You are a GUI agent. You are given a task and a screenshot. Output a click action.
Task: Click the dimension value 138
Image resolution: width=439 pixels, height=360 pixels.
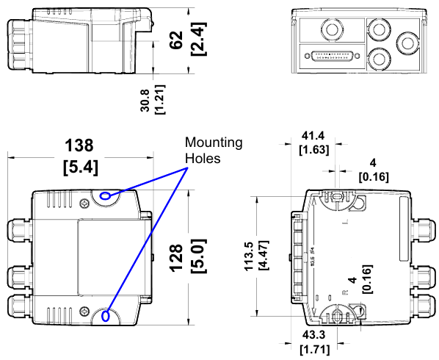[x=79, y=145]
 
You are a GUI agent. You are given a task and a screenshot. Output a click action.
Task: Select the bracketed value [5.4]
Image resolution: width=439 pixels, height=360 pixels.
[x=79, y=167]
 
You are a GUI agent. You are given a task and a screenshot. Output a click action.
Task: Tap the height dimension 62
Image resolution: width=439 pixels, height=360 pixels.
[x=175, y=40]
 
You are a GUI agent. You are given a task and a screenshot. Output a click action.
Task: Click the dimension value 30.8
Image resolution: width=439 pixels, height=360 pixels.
[x=145, y=96]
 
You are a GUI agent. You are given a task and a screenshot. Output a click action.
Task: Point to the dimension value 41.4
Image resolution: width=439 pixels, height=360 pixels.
[x=313, y=137]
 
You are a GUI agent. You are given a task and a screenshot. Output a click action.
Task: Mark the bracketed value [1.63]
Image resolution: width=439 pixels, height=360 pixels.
[x=313, y=151]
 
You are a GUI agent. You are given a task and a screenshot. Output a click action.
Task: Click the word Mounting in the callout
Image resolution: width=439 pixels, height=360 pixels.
[x=214, y=143]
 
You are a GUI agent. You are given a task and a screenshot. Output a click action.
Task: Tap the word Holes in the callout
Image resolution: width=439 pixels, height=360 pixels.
[x=203, y=157]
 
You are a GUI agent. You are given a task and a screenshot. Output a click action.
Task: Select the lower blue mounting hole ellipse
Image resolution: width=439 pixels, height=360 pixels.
[x=106, y=317]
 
